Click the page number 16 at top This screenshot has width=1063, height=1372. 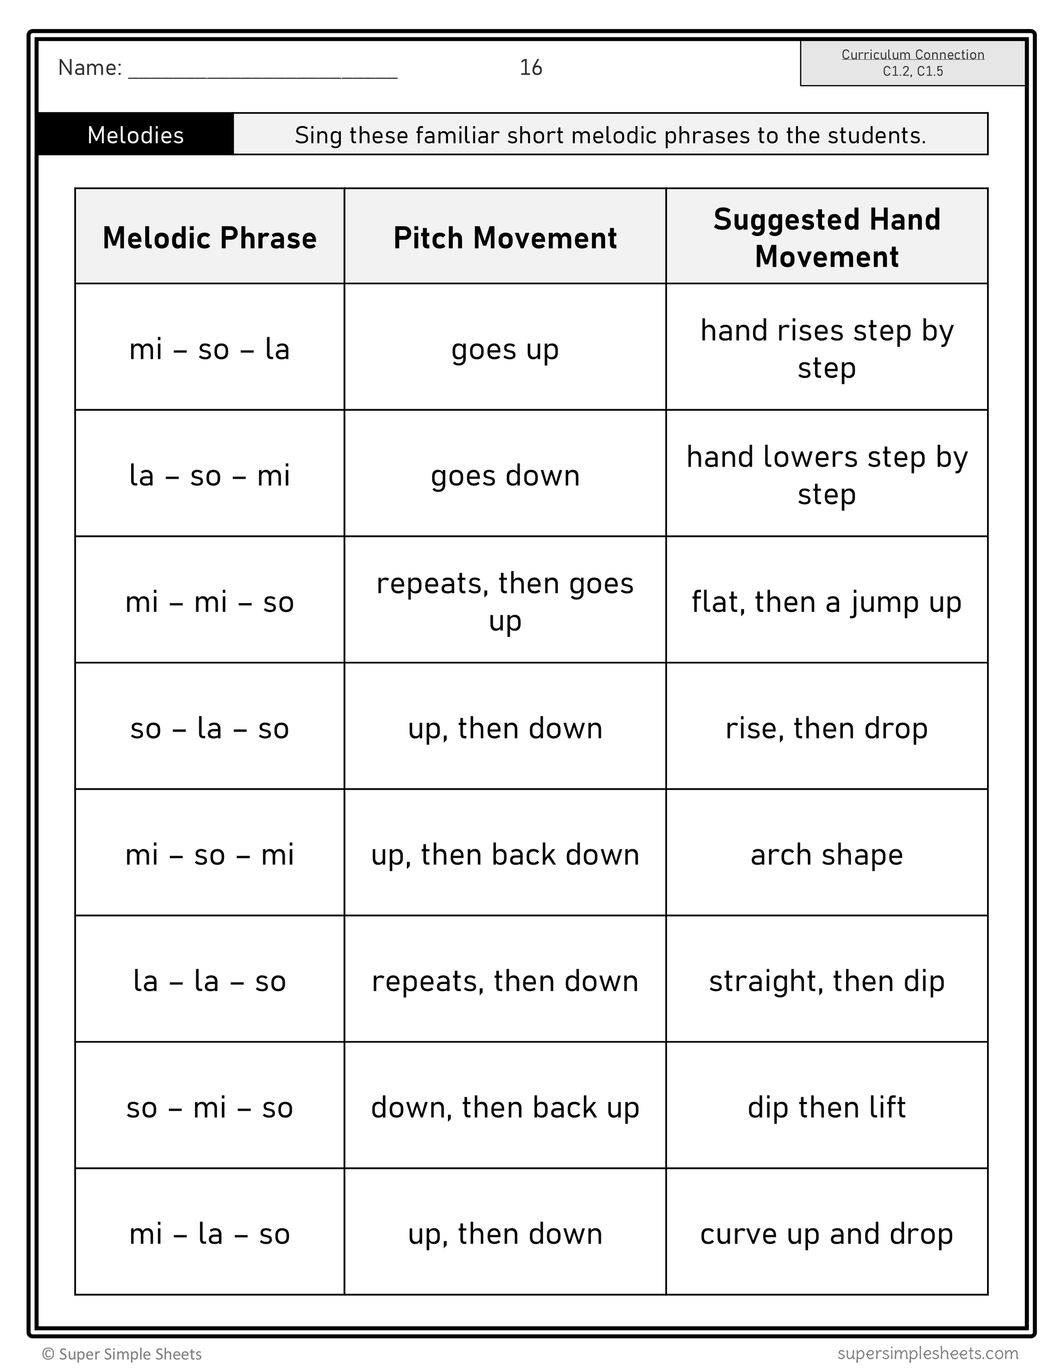530,68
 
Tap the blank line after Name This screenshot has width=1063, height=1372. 262,70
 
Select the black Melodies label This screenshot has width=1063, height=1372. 135,135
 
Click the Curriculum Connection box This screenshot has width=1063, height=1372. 912,63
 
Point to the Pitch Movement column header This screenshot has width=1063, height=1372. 505,238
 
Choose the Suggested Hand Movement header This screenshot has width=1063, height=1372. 826,238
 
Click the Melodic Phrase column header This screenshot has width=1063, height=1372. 209,238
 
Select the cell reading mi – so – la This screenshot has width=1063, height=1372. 209,349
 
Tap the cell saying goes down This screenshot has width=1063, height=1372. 505,475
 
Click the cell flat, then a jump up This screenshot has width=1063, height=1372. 826,602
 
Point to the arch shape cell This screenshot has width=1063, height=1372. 826,855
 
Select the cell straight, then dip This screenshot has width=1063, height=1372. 826,981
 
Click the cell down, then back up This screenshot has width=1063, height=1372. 505,1108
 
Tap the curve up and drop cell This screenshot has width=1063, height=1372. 826,1234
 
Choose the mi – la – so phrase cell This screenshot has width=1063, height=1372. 209,1234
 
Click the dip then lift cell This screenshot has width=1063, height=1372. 826,1108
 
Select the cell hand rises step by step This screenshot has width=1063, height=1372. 826,349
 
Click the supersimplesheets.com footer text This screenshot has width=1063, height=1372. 928,1352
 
